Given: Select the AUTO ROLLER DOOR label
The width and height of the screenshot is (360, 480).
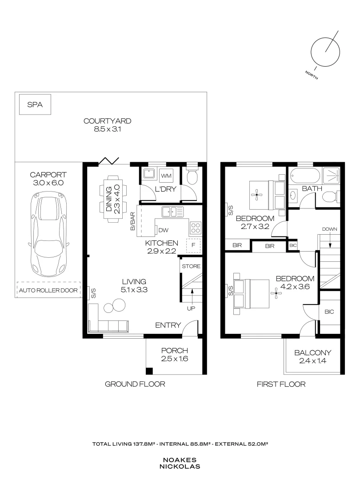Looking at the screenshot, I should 48,291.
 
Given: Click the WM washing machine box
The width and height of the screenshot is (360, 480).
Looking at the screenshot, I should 166,176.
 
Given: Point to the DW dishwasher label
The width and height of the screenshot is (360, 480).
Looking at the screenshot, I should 163,230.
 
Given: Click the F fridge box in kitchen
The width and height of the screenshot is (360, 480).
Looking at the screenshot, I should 193,245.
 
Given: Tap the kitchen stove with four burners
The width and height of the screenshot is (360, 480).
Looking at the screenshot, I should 196,228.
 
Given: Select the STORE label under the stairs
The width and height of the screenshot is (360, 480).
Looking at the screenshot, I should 191,267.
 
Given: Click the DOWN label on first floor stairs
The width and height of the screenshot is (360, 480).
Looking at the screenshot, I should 330,229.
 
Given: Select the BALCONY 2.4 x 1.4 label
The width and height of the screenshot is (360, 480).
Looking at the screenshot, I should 312,357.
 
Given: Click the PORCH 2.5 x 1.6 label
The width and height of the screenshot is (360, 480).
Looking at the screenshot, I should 175,354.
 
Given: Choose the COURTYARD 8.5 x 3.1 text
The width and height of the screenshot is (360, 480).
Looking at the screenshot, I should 108,125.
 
